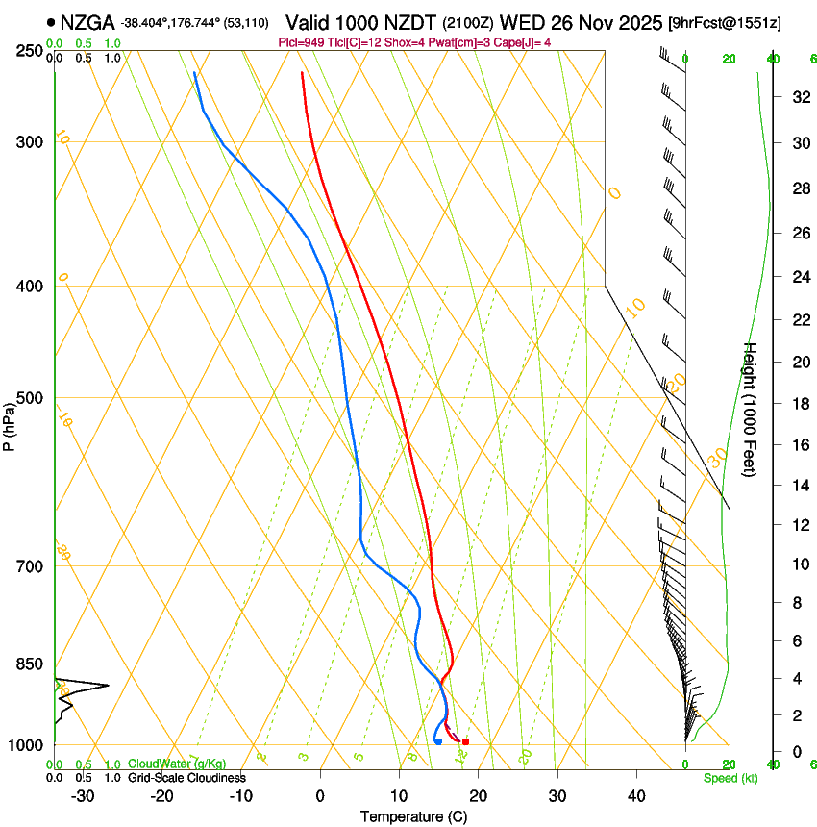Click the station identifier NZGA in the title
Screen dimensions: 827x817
click(x=87, y=21)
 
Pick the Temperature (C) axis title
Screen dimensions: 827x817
click(x=413, y=816)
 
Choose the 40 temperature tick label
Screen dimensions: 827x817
click(x=635, y=796)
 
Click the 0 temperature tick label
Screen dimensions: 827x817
click(x=320, y=796)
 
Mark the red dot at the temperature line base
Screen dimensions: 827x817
click(x=465, y=741)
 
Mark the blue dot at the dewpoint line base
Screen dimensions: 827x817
click(x=437, y=741)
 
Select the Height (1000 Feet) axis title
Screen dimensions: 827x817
click(x=751, y=409)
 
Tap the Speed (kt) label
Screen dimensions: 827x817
click(x=730, y=778)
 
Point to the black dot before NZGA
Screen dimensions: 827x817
click(x=51, y=21)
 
